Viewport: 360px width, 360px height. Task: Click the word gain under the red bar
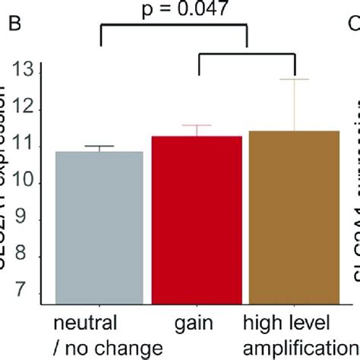[x=197, y=325]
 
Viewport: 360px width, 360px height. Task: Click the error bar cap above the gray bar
[x=100, y=146]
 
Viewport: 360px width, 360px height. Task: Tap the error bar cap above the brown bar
[x=295, y=79]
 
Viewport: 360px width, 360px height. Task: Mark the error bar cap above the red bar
[x=197, y=125]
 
